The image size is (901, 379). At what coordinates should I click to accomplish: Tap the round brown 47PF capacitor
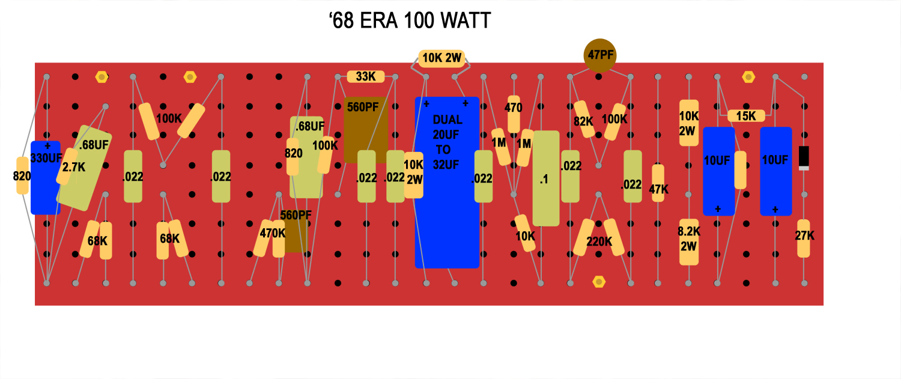599,55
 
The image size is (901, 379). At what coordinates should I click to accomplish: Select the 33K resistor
366,76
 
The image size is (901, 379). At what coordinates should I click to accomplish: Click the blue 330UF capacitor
46,177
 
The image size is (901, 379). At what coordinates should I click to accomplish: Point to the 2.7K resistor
67,166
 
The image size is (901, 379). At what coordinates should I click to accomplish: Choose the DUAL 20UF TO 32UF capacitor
447,182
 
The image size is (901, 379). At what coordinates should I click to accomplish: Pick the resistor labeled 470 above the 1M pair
514,114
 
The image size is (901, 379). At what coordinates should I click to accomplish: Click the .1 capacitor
546,178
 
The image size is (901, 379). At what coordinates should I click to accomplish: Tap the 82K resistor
584,119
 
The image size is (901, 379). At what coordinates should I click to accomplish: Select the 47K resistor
658,183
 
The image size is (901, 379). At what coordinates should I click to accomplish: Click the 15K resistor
746,116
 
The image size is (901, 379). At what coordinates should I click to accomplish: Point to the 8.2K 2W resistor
689,242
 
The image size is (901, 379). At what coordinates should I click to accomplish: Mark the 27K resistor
804,238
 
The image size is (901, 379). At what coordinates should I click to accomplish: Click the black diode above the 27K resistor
804,158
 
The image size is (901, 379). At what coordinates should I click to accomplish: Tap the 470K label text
272,233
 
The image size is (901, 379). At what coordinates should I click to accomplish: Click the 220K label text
599,241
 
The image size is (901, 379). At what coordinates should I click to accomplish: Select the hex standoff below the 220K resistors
599,282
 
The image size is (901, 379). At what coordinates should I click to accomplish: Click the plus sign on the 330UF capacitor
47,145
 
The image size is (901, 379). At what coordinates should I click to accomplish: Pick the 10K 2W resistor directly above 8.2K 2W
689,123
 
